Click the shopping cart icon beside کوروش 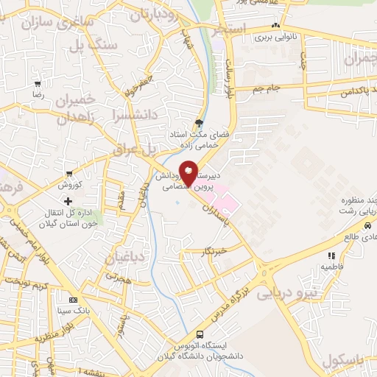pyautogui.click(x=69, y=174)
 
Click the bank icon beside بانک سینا pyautogui.click(x=73, y=300)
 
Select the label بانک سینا pyautogui.click(x=95, y=310)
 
